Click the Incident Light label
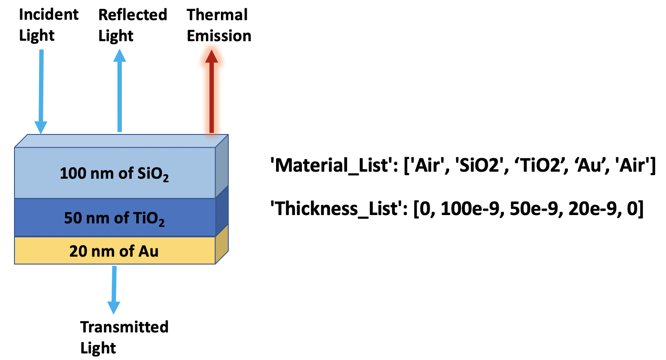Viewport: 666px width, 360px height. pyautogui.click(x=48, y=25)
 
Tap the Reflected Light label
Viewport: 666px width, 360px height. pyautogui.click(x=132, y=25)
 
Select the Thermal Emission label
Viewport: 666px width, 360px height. pyautogui.click(x=219, y=25)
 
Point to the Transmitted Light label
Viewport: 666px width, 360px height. pyautogui.click(x=124, y=337)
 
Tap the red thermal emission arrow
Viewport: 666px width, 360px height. pyautogui.click(x=212, y=92)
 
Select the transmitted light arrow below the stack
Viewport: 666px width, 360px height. pyautogui.click(x=114, y=289)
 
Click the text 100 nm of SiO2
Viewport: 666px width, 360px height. pyautogui.click(x=114, y=173)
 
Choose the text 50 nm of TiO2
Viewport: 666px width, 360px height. pyautogui.click(x=114, y=218)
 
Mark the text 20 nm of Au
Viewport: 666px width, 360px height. pyautogui.click(x=114, y=251)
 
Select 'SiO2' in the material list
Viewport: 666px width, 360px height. pyautogui.click(x=479, y=166)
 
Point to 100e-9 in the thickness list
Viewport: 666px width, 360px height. pyautogui.click(x=470, y=208)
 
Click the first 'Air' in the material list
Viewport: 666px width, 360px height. pyautogui.click(x=427, y=166)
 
